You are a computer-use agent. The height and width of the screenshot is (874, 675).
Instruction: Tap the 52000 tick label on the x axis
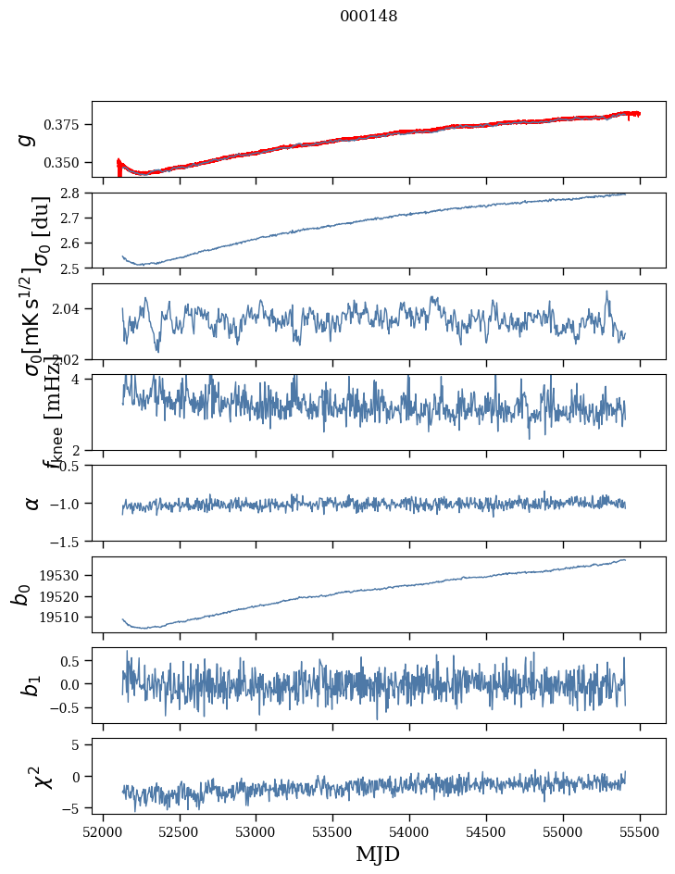click(103, 830)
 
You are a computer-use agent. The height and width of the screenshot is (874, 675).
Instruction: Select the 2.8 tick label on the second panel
click(75, 193)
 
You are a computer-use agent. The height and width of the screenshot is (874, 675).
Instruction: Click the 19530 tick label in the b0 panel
click(66, 575)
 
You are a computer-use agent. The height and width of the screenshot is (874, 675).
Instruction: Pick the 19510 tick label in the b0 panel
click(66, 617)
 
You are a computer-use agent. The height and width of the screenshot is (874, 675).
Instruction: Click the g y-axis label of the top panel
click(28, 139)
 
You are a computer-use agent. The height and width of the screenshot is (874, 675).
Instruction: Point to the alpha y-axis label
click(31, 503)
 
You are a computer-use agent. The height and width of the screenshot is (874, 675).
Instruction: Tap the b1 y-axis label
click(31, 685)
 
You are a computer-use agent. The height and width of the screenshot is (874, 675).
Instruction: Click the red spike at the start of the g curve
click(119, 166)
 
